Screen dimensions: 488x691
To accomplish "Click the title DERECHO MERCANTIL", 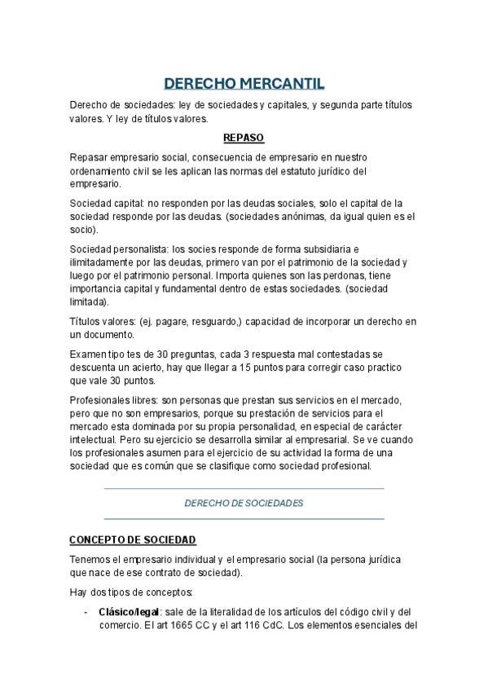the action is click(x=244, y=84).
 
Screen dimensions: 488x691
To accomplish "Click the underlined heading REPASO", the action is click(x=244, y=137).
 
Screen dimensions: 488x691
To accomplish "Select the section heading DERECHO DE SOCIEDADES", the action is click(x=244, y=504).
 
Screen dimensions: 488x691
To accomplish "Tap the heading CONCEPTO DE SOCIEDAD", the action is click(x=133, y=540).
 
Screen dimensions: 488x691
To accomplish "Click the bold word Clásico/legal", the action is click(x=128, y=611).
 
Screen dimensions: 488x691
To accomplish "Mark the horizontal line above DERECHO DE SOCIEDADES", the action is click(x=244, y=489).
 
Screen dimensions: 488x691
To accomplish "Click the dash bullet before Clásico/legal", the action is click(x=86, y=612).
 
